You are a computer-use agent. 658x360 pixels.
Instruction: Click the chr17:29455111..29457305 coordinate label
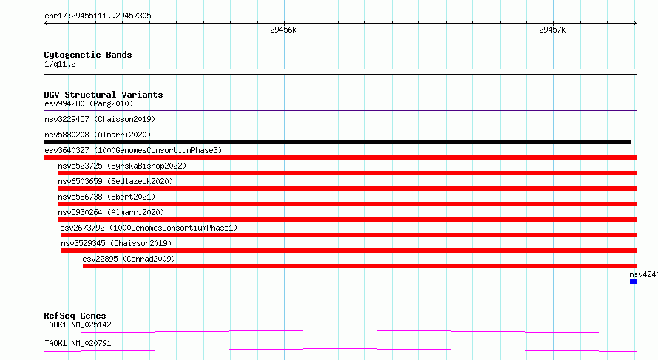coord(98,16)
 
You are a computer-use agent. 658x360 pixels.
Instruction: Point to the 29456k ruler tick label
coord(283,30)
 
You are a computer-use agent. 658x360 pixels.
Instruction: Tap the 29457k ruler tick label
coord(552,30)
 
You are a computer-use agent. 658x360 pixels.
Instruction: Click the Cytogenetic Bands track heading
coord(88,55)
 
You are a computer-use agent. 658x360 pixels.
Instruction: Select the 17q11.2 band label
coord(60,64)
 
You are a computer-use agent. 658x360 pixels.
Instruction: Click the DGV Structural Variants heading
coord(104,95)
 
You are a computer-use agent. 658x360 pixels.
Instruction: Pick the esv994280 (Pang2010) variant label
coord(89,103)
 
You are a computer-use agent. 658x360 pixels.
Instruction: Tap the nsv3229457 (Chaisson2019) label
coord(100,119)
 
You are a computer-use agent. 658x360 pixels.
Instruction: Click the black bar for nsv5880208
coord(337,142)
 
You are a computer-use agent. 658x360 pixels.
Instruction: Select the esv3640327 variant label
coord(133,150)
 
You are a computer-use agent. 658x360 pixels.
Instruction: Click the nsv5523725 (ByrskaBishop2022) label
coord(122,166)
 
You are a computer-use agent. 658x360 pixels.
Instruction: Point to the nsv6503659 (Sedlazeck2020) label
coord(115,181)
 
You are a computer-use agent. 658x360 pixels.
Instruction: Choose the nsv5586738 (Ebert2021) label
coord(106,197)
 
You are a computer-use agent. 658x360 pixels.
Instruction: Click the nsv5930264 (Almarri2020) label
coord(111,212)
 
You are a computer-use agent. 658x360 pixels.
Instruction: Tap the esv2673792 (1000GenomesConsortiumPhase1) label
coord(149,228)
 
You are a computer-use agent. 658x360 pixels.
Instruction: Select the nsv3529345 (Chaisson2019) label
coord(116,243)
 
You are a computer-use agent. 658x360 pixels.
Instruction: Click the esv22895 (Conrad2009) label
coord(129,259)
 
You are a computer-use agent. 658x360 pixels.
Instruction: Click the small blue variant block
coord(634,282)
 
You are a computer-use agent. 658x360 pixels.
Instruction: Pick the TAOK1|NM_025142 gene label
coord(78,325)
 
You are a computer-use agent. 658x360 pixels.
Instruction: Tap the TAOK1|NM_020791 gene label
coord(78,343)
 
